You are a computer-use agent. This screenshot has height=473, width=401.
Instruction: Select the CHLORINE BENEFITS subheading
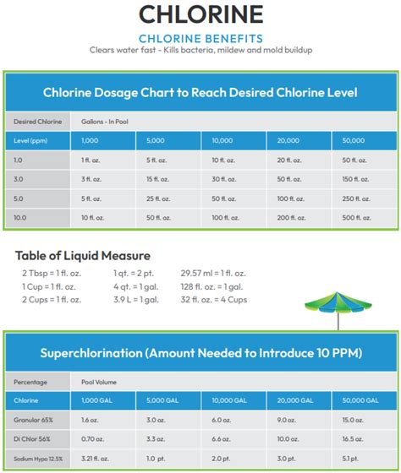[x=200, y=37]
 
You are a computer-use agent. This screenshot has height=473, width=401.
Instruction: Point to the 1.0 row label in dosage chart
[x=19, y=160]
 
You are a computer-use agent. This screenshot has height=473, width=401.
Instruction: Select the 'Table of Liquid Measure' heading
[x=83, y=255]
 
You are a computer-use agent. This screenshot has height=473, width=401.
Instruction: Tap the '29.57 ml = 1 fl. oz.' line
[x=213, y=273]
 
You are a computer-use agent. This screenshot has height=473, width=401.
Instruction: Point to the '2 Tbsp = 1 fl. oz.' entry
[x=50, y=273]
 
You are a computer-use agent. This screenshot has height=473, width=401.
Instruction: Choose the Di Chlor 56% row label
[x=32, y=439]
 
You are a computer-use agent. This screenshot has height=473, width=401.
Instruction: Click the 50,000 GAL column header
[x=355, y=400]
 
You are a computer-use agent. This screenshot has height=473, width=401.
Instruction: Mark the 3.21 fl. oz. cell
[x=96, y=459]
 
